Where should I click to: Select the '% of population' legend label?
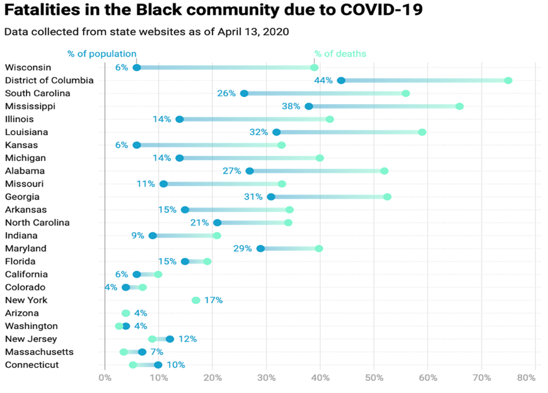pyautogui.click(x=102, y=54)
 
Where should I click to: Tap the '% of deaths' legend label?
pyautogui.click(x=340, y=54)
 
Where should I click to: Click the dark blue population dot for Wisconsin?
pyautogui.click(x=137, y=67)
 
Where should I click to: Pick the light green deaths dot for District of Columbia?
pyautogui.click(x=508, y=81)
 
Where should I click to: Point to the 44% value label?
pyautogui.click(x=323, y=81)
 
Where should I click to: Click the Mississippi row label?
pyautogui.click(x=30, y=106)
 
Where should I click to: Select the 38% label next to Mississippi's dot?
pyautogui.click(x=291, y=107)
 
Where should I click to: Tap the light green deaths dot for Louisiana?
pyautogui.click(x=422, y=132)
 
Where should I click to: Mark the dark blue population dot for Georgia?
pyautogui.click(x=271, y=197)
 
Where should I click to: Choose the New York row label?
pyautogui.click(x=26, y=300)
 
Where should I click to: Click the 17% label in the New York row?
pyautogui.click(x=213, y=300)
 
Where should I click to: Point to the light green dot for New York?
pyautogui.click(x=195, y=300)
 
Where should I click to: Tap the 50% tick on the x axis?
pyautogui.click(x=374, y=378)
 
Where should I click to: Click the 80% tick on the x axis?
pyautogui.click(x=526, y=378)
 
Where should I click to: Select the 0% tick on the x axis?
pyautogui.click(x=105, y=378)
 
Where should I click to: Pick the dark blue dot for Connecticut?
pyautogui.click(x=158, y=365)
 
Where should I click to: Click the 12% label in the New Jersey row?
pyautogui.click(x=187, y=339)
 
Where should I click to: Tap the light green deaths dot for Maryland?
pyautogui.click(x=319, y=249)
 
